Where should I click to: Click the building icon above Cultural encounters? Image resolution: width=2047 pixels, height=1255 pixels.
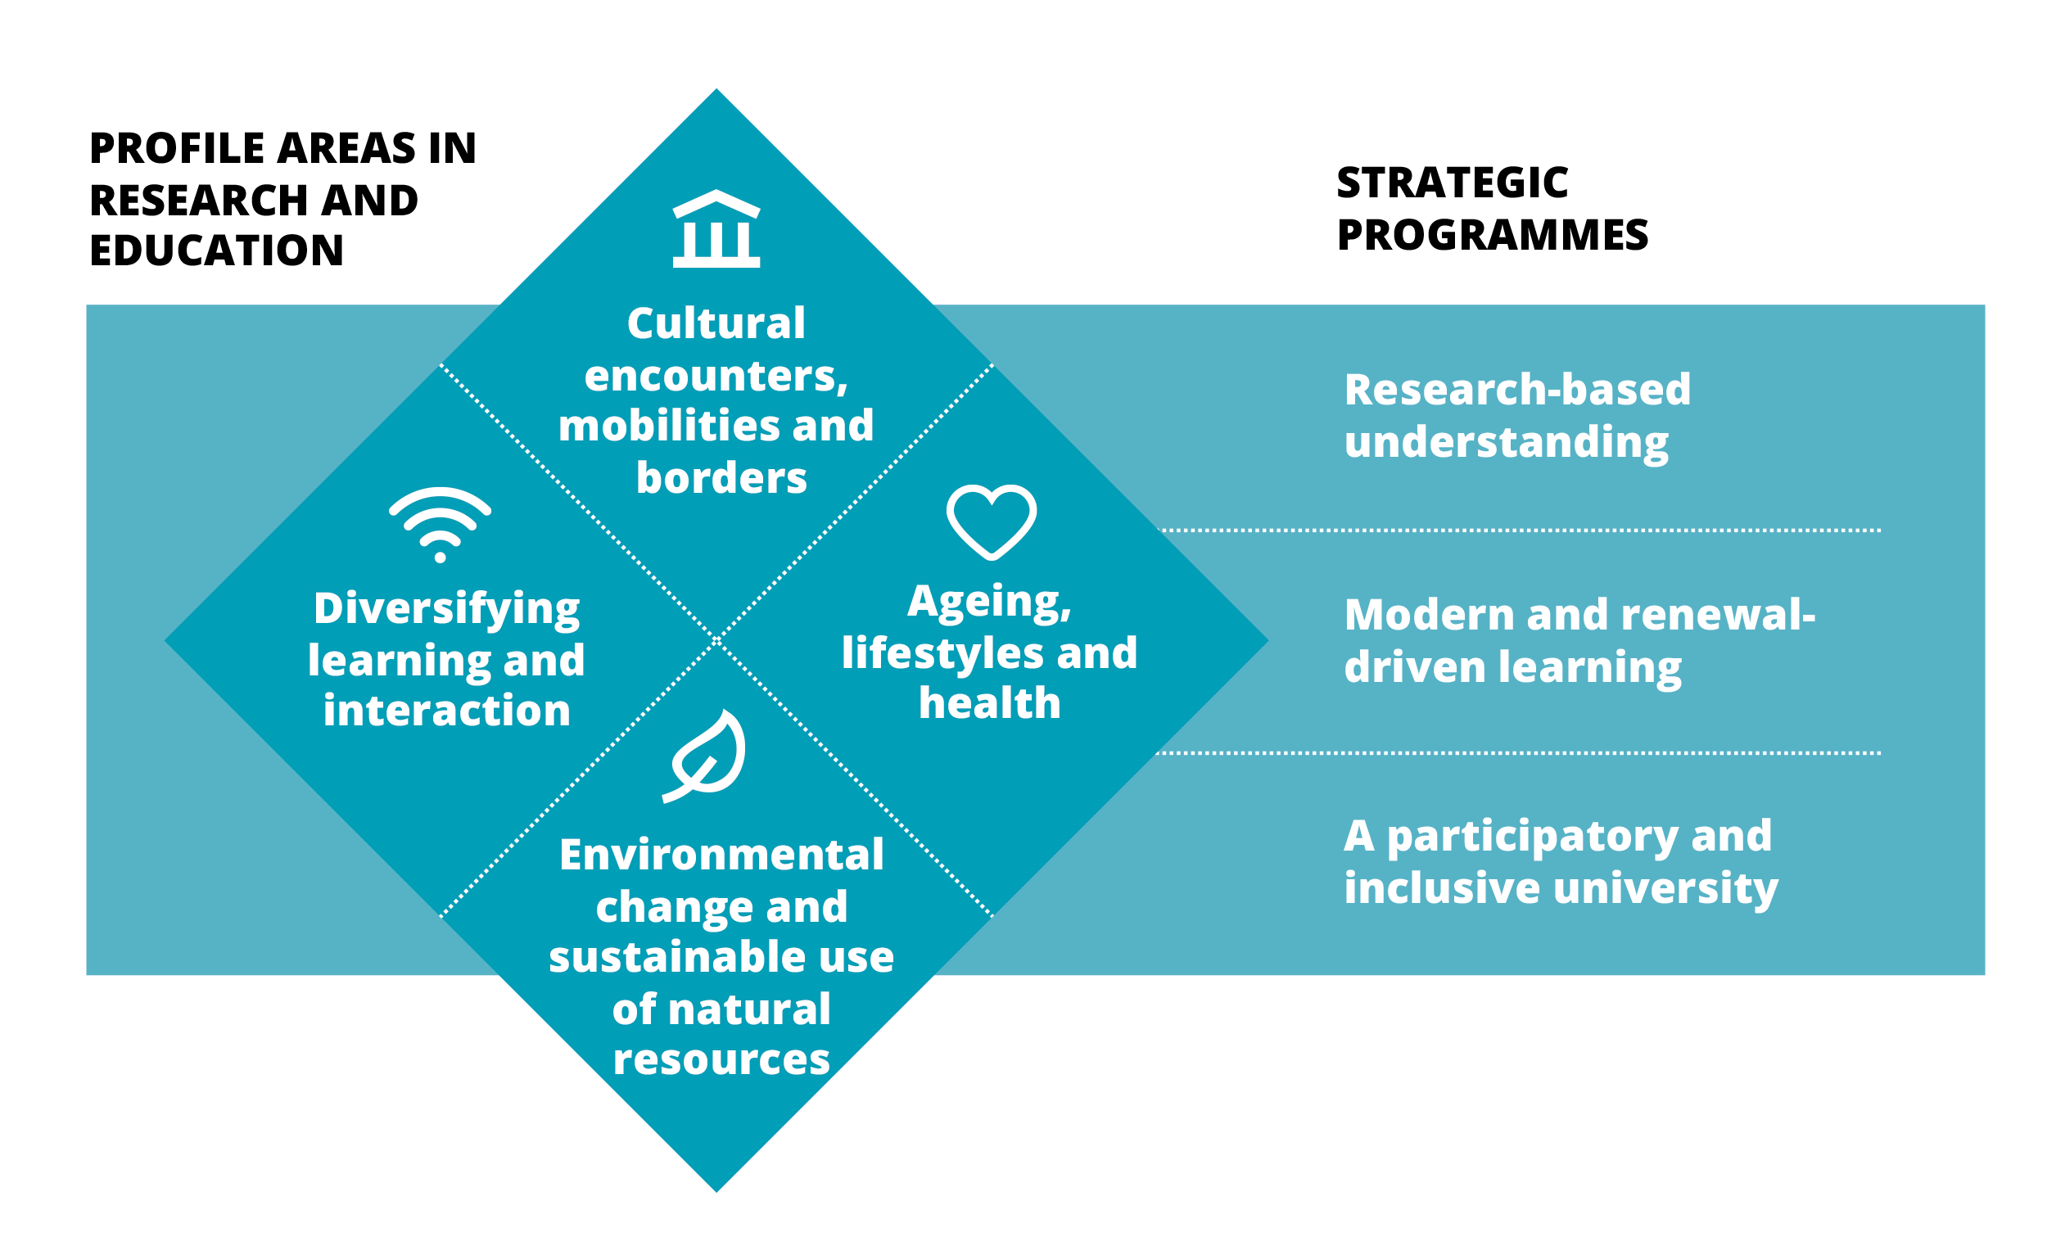(716, 228)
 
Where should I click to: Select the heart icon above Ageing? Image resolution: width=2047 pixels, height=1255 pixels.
(991, 521)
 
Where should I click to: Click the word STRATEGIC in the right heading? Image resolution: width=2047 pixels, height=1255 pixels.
(1453, 183)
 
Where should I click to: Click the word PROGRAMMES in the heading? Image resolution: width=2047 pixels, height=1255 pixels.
(1492, 235)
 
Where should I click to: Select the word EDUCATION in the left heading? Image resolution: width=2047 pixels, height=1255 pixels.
(216, 251)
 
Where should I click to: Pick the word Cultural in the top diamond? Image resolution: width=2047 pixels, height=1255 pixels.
(716, 323)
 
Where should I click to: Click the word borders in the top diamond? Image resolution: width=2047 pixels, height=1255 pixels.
(721, 478)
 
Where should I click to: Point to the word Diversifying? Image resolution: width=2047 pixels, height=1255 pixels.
(446, 610)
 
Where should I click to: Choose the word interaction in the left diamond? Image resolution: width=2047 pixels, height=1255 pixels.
(446, 711)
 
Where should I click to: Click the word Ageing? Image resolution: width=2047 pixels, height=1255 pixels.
(988, 603)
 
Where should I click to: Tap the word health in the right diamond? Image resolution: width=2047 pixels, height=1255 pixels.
(989, 703)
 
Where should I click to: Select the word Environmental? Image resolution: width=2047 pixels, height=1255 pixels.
(721, 855)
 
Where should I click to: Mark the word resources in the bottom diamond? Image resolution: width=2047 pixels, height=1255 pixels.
(721, 1060)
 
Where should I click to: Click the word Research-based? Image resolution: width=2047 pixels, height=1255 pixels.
(1517, 390)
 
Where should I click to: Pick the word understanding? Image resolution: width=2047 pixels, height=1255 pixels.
(1506, 443)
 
